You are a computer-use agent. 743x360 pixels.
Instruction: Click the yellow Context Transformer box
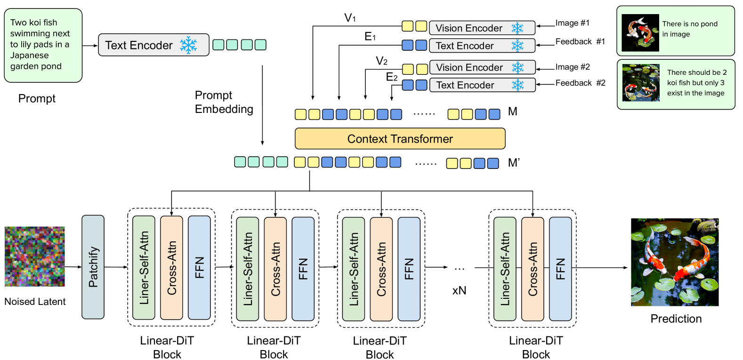point(400,139)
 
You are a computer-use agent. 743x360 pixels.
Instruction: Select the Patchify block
point(93,267)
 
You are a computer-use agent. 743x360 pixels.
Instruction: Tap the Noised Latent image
point(35,256)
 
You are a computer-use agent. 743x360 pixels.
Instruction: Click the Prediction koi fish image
point(674,262)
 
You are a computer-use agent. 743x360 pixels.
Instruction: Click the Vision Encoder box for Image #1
point(482,28)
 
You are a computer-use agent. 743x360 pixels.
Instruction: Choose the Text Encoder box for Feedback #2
point(482,85)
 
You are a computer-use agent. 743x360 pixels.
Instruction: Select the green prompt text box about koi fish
point(43,45)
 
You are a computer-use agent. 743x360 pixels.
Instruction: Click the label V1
point(350,18)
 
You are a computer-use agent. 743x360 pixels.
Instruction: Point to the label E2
point(392,77)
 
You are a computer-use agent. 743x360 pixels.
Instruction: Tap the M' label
point(514,163)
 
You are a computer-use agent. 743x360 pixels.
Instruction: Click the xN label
point(459,290)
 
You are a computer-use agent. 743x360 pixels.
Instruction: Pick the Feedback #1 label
point(580,42)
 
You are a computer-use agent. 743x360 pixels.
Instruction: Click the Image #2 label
point(573,67)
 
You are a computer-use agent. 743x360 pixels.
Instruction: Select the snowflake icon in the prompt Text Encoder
point(188,45)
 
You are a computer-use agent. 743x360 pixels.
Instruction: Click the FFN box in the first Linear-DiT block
point(199,267)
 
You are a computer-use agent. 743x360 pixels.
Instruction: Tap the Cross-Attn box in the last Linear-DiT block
point(533,268)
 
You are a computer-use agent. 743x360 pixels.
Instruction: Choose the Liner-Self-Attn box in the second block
point(247,268)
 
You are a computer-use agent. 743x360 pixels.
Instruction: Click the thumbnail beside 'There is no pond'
point(640,32)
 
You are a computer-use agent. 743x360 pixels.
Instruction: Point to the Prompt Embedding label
point(224,102)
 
